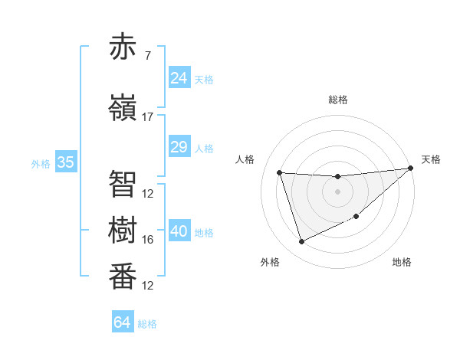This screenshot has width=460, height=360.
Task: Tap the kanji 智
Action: click(123, 184)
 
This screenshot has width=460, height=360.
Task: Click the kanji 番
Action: click(123, 277)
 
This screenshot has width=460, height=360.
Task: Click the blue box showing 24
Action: click(179, 78)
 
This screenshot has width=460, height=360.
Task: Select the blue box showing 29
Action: click(179, 147)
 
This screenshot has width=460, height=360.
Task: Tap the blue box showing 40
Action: click(179, 231)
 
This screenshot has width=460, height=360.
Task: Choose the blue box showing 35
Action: click(66, 162)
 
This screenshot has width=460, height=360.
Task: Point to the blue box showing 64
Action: click(123, 322)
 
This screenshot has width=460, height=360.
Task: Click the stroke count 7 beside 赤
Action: click(147, 55)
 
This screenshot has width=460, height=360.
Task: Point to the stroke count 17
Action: click(148, 117)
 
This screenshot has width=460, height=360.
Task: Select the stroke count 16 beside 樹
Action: click(148, 240)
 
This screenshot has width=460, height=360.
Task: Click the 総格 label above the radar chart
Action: click(337, 100)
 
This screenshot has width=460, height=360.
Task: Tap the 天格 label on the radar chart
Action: click(431, 159)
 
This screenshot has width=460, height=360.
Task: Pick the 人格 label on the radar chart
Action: click(245, 159)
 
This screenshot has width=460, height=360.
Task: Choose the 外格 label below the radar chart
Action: click(270, 262)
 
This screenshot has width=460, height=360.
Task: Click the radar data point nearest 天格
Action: click(410, 169)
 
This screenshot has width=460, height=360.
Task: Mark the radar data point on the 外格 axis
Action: click(301, 242)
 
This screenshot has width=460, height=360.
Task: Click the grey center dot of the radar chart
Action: click(337, 191)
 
